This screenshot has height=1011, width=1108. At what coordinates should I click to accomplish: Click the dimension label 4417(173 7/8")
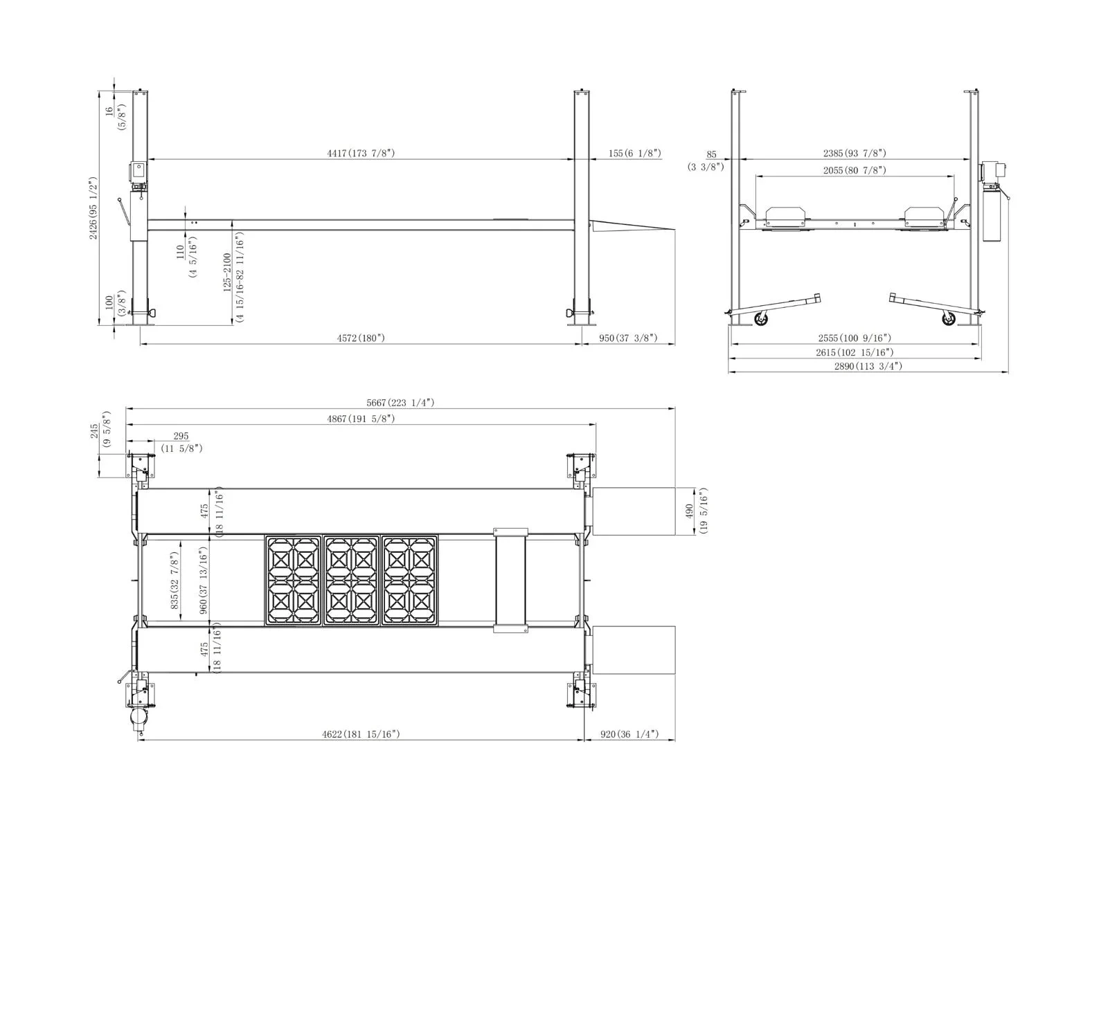(x=361, y=153)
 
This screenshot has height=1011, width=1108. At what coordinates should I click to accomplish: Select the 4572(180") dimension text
(x=361, y=338)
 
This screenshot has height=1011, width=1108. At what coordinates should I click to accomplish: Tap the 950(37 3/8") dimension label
(x=628, y=338)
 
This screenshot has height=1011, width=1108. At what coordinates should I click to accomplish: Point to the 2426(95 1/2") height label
(x=93, y=208)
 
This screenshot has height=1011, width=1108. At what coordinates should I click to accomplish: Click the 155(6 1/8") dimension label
(x=635, y=153)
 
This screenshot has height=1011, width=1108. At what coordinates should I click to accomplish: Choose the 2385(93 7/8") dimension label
(x=855, y=153)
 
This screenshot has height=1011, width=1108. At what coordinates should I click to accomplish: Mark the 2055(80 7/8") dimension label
(x=855, y=170)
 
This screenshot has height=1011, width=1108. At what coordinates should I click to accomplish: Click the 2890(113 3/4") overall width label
(x=868, y=366)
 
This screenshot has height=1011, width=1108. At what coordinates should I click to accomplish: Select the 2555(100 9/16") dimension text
(x=855, y=338)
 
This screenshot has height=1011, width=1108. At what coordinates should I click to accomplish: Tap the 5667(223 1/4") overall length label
(x=400, y=402)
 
